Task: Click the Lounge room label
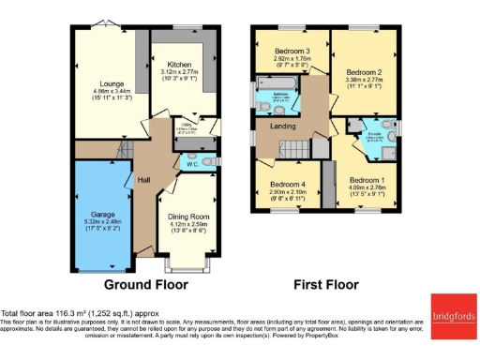pyautogui.click(x=101, y=82)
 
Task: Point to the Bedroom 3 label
pyautogui.click(x=292, y=51)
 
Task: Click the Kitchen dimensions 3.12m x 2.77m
pyautogui.click(x=179, y=71)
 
